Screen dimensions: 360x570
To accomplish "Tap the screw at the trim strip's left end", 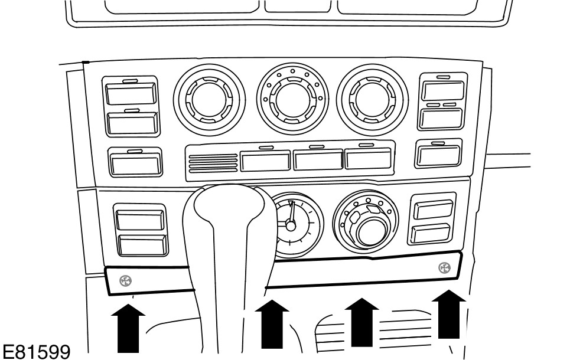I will click(126, 281).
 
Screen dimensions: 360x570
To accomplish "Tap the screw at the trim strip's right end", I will click(444, 268).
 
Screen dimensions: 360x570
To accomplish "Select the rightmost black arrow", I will click(449, 314).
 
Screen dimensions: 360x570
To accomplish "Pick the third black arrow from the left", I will click(361, 321).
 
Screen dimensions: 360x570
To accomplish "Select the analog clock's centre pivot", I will click(290, 225).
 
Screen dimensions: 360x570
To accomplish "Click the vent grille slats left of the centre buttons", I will click(212, 162).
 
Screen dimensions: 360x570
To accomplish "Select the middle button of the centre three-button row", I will click(318, 160).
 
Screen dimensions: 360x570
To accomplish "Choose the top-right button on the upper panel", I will click(442, 90).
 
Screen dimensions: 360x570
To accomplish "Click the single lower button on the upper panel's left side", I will click(134, 161).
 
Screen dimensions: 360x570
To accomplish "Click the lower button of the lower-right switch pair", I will click(431, 233).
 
